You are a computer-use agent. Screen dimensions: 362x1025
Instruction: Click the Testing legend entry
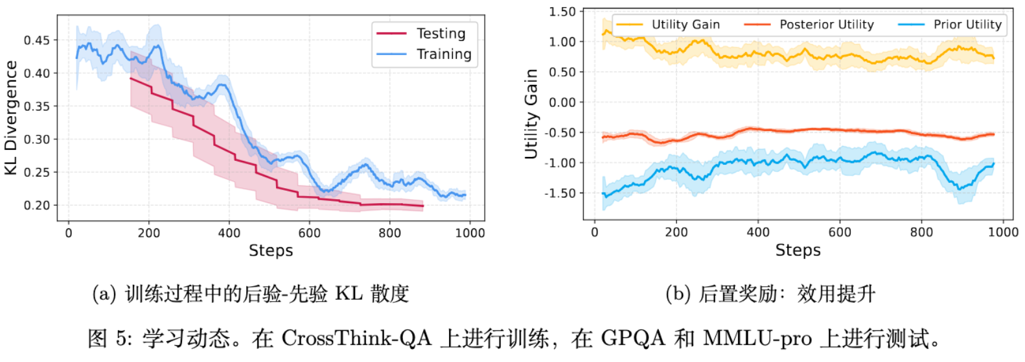click(441, 34)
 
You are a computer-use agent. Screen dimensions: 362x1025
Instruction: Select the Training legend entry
click(444, 54)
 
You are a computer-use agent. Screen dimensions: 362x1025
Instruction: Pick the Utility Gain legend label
click(685, 25)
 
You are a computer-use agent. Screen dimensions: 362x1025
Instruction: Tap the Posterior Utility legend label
click(826, 25)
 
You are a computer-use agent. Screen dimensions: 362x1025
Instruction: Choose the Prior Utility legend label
click(967, 25)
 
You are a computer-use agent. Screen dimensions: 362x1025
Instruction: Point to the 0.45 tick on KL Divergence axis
click(37, 40)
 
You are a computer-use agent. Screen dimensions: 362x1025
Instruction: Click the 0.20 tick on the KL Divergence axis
click(37, 205)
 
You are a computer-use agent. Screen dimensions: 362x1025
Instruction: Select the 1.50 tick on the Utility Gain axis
click(562, 12)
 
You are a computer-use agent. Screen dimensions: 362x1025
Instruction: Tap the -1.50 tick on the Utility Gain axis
click(560, 193)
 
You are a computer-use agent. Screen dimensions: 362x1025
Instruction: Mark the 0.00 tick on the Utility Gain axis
click(562, 103)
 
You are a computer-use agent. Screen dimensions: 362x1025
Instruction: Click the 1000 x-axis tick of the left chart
click(470, 233)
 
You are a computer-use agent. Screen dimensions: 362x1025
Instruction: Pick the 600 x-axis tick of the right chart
click(840, 232)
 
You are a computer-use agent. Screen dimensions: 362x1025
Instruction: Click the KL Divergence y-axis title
click(11, 117)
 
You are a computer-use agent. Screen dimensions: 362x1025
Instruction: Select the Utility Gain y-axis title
click(531, 114)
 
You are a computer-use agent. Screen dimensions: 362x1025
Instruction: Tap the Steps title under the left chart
click(271, 251)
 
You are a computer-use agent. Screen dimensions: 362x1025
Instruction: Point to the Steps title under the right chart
click(798, 250)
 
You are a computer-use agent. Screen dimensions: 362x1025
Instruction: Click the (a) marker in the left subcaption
click(104, 294)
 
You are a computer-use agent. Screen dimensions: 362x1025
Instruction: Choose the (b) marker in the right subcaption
click(678, 294)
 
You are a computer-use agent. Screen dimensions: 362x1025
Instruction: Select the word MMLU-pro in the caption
click(757, 339)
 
